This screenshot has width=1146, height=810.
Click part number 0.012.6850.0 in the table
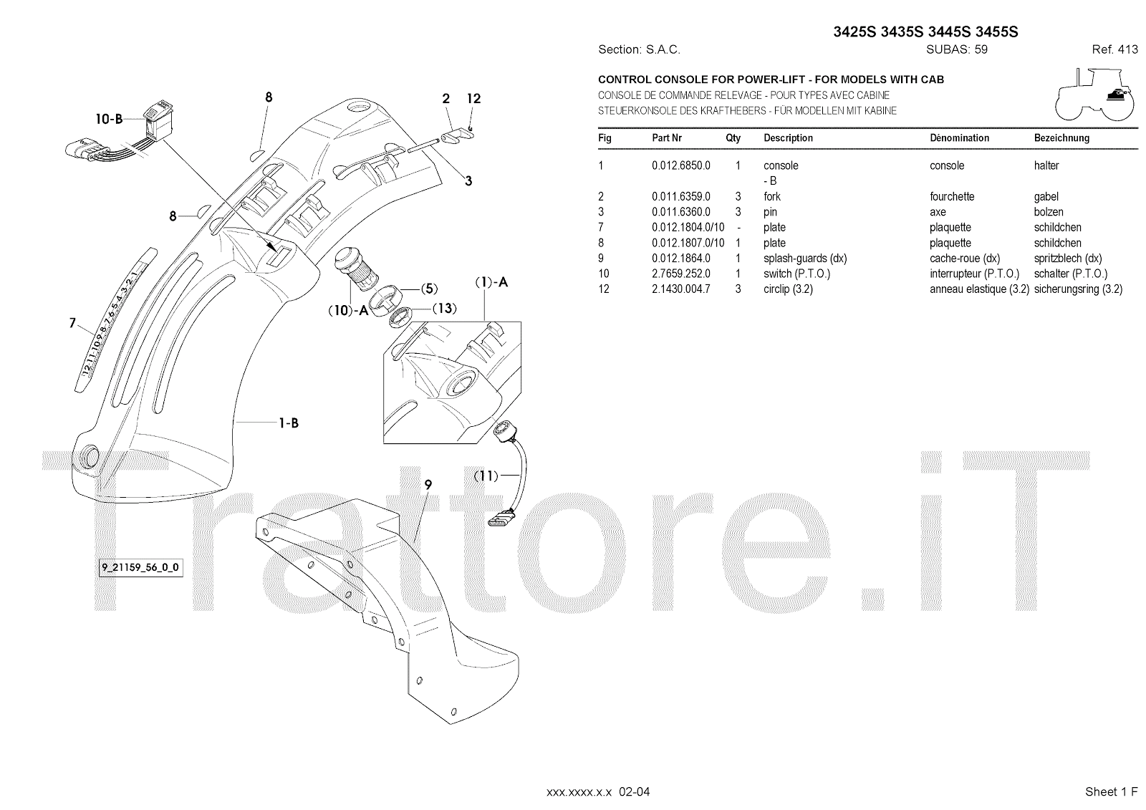pyautogui.click(x=680, y=165)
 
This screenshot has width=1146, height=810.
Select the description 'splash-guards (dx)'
pyautogui.click(x=804, y=259)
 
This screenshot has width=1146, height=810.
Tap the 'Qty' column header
pyautogui.click(x=733, y=138)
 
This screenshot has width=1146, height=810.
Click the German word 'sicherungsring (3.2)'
pyautogui.click(x=1078, y=289)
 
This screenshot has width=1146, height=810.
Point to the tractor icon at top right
pyautogui.click(x=1096, y=93)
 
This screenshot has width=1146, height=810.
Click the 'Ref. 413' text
pyautogui.click(x=1114, y=50)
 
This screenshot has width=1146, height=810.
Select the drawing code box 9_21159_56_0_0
pyautogui.click(x=140, y=568)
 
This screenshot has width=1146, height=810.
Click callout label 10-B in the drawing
pyautogui.click(x=110, y=120)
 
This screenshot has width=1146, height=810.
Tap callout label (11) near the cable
pyautogui.click(x=486, y=474)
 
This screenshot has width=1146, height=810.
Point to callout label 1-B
pyautogui.click(x=289, y=423)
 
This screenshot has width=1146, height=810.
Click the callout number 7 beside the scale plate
pyautogui.click(x=72, y=324)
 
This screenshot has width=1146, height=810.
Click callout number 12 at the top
pyautogui.click(x=473, y=99)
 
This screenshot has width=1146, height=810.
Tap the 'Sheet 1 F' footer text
pyautogui.click(x=1111, y=791)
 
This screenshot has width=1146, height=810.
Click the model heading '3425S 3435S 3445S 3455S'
pyautogui.click(x=925, y=32)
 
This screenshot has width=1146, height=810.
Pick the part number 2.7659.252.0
pyautogui.click(x=680, y=274)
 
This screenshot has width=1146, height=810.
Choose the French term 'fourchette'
pyautogui.click(x=952, y=196)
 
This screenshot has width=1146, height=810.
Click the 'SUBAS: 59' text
pyautogui.click(x=956, y=50)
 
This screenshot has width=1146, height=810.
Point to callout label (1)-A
pyautogui.click(x=491, y=282)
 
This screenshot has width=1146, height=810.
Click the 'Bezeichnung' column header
pyautogui.click(x=1061, y=138)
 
